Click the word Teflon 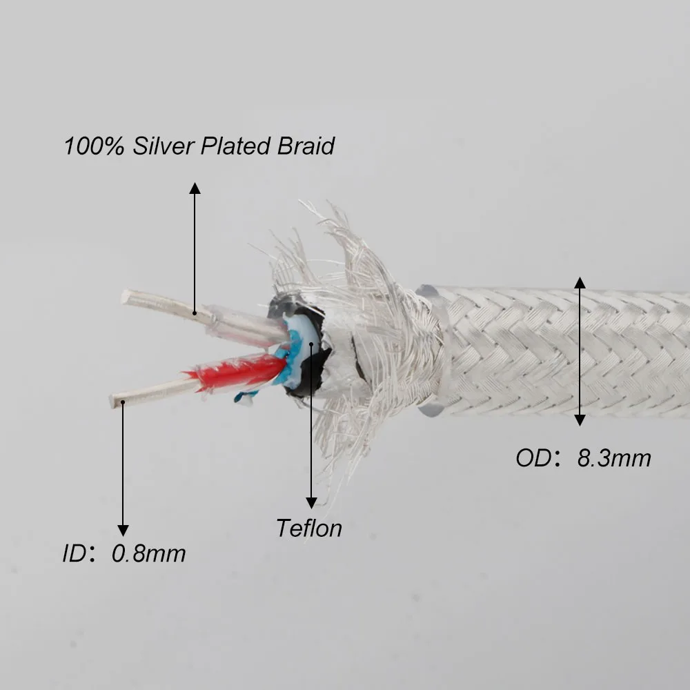pos(309,529)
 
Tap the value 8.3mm pos(613,458)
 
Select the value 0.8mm pos(148,553)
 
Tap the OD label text pos(533,458)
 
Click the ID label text pos(75,553)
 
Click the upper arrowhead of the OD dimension pos(580,282)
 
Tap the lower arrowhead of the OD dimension pos(580,420)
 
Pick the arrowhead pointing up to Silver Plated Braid pos(195,188)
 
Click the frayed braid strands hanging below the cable pos(345,442)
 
